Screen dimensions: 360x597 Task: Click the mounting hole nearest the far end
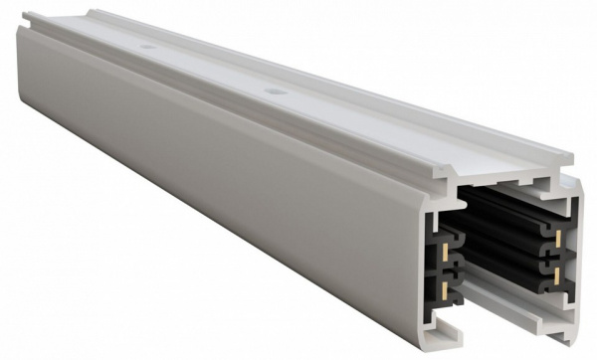coord(146,47)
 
